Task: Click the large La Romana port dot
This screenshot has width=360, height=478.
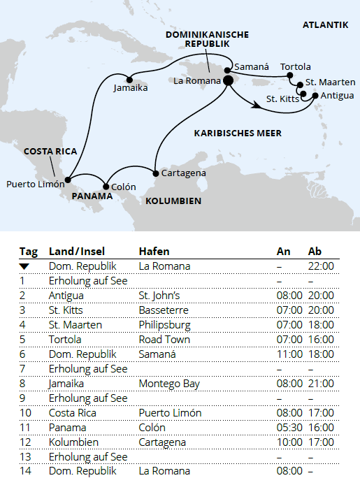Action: (228, 81)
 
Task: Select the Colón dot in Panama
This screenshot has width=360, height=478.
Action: (106, 187)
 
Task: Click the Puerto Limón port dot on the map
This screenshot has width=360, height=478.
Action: (67, 180)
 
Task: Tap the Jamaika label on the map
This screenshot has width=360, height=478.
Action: (130, 88)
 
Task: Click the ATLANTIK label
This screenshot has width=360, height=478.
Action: (325, 25)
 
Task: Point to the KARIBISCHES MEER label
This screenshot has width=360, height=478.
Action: (238, 133)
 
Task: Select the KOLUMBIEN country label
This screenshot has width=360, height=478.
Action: (173, 201)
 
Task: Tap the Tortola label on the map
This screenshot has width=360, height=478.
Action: (295, 66)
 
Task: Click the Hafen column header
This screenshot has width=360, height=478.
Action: (154, 251)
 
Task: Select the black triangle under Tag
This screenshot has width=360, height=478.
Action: (24, 266)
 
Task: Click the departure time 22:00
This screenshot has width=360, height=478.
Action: (321, 266)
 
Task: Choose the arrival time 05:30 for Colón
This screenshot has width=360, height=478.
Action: (289, 428)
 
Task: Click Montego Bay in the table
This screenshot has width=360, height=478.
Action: (169, 384)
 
